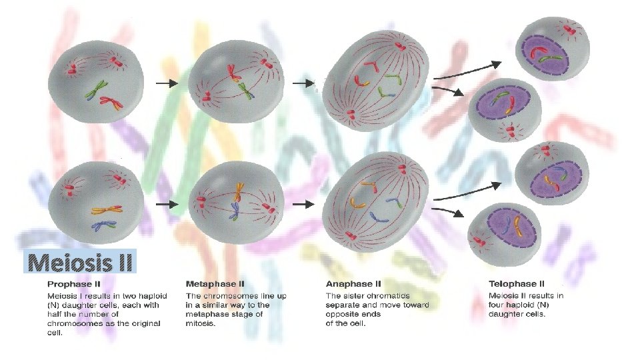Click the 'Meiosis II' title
click(x=81, y=262)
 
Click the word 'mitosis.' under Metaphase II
click(x=201, y=324)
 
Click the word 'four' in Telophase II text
click(x=497, y=305)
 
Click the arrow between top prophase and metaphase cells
click(x=167, y=84)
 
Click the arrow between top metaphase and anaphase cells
click(x=304, y=84)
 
